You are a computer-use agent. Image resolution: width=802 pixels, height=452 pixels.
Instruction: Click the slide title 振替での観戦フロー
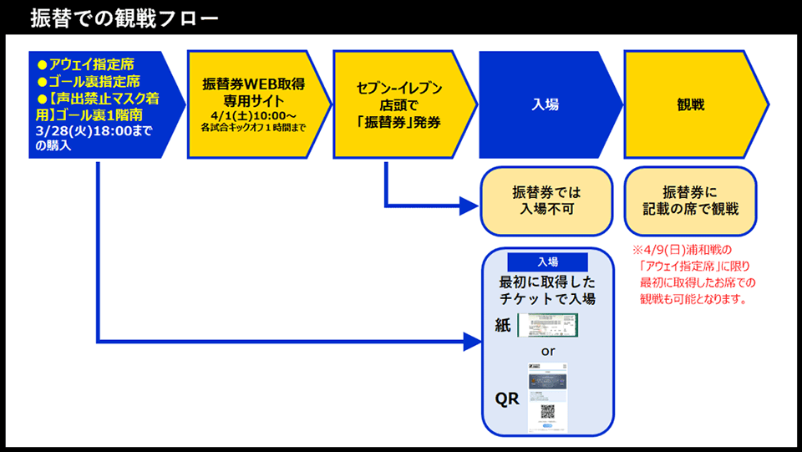click(124, 18)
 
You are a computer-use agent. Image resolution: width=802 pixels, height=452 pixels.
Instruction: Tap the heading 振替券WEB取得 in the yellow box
click(253, 84)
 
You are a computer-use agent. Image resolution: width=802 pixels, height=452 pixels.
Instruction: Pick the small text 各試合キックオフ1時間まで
click(253, 128)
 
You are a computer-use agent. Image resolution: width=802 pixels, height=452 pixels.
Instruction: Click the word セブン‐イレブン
click(398, 88)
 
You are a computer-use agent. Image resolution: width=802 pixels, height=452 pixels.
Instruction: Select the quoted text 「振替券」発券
click(398, 122)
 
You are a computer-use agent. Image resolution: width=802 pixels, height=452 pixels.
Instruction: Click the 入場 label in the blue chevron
click(545, 104)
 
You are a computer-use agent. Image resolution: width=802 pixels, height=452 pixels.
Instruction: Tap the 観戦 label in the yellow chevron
click(690, 104)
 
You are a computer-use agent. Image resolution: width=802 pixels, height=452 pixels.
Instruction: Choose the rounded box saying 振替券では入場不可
click(545, 201)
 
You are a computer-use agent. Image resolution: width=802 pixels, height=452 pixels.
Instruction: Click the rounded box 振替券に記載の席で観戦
click(689, 201)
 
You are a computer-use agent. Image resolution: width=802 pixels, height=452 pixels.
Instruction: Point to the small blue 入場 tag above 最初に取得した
click(547, 261)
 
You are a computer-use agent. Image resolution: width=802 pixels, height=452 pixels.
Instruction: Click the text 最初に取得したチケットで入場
click(547, 290)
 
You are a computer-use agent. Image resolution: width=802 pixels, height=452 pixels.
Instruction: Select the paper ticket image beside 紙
click(547, 326)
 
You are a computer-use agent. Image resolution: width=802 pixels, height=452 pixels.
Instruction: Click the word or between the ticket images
click(547, 352)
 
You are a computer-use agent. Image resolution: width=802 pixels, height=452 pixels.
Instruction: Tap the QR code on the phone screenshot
click(548, 411)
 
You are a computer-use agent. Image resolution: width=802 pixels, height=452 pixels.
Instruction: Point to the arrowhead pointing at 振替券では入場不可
click(470, 206)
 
